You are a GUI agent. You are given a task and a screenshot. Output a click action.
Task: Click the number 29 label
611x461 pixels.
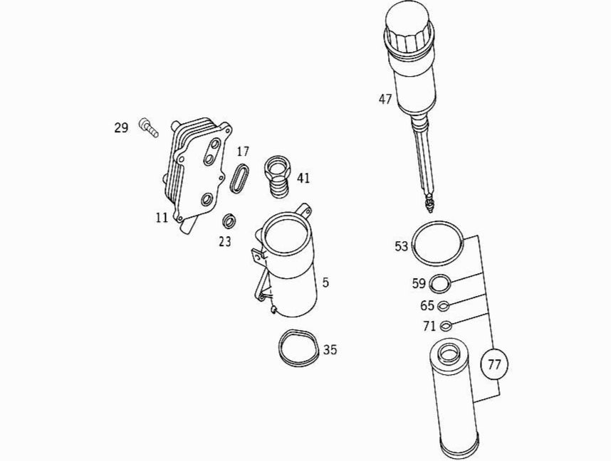(121, 128)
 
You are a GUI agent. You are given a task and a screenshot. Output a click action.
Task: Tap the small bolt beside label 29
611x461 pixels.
(148, 128)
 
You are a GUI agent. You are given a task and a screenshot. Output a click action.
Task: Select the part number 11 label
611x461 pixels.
(162, 217)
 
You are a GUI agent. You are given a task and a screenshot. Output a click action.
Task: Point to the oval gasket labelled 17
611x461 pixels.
(239, 179)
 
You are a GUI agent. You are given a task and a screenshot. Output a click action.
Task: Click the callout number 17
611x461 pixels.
(242, 152)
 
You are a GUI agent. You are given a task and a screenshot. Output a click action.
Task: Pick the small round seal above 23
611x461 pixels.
(229, 221)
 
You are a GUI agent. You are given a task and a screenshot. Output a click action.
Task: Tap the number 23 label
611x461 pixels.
(225, 242)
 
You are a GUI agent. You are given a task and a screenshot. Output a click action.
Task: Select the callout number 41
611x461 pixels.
(303, 179)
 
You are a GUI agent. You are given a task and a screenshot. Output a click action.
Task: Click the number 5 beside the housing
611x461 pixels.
(325, 282)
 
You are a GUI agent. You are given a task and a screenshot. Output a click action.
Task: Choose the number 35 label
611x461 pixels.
(330, 350)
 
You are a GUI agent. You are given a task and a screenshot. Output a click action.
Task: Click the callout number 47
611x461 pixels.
(385, 100)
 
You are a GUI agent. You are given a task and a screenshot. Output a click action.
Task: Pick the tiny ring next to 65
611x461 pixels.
(444, 306)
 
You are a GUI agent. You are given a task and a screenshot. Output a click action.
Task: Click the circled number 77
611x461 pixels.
(494, 364)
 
